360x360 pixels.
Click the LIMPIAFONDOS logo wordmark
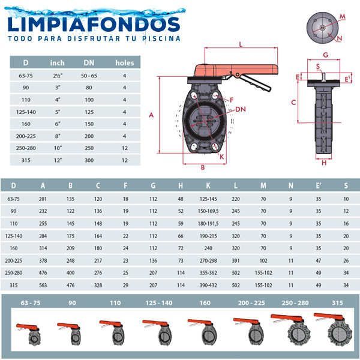tap(94, 25)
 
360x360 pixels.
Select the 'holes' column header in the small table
tap(124, 62)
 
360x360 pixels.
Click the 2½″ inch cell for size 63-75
tap(58, 76)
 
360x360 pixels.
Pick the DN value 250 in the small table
tap(89, 148)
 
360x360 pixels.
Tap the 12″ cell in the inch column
tap(58, 160)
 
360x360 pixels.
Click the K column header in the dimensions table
tap(208, 185)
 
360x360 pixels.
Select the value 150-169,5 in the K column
tap(208, 211)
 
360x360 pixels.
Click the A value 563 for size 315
tap(43, 285)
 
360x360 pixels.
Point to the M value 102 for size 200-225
tap(263, 260)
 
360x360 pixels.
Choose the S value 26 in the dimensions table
tap(346, 260)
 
